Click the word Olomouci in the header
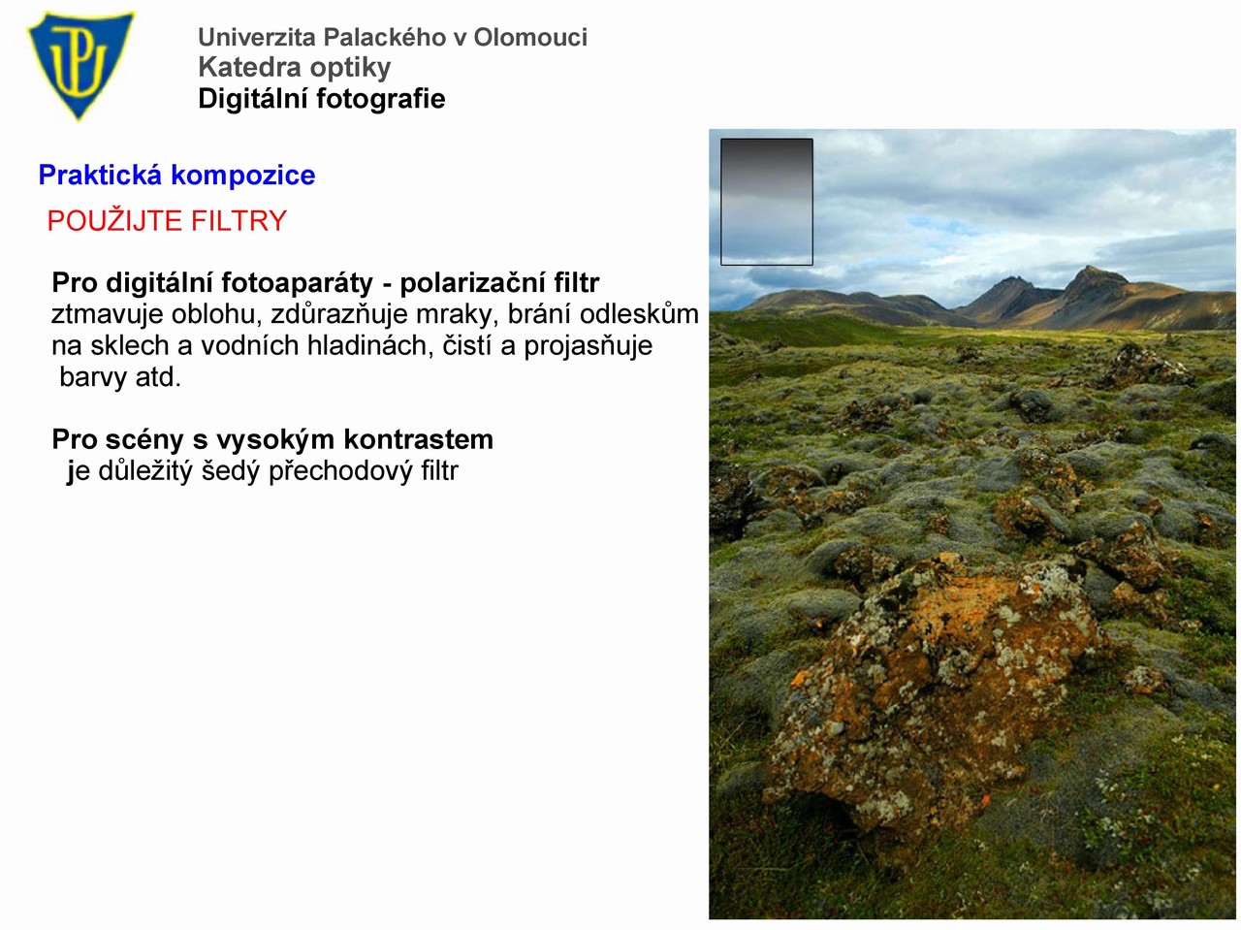[530, 37]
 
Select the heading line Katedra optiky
[294, 68]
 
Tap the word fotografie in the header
[380, 98]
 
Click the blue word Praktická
[100, 175]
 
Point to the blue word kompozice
[243, 176]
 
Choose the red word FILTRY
[239, 220]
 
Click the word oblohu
[217, 314]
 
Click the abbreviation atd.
[158, 377]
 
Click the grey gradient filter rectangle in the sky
[767, 202]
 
